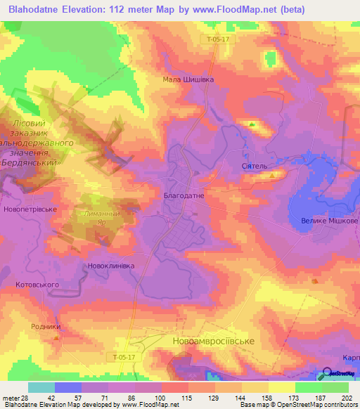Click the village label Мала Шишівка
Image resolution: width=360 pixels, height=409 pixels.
188,79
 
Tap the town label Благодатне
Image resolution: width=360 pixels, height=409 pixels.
184,196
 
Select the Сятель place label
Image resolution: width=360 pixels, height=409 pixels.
255,166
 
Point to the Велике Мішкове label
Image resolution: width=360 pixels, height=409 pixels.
330,221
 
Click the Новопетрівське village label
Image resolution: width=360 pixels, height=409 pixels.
30,209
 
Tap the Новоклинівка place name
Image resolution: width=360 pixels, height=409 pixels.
110,266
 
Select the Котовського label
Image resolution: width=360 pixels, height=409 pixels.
37,285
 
